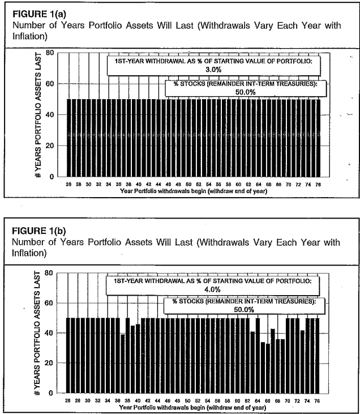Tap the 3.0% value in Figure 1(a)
coord(209,69)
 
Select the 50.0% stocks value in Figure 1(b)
coord(242,309)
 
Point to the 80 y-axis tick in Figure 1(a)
coord(50,53)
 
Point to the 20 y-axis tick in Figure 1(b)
coord(50,362)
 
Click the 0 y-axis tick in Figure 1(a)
coord(52,176)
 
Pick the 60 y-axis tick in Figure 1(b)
coord(50,302)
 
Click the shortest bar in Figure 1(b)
coord(268,368)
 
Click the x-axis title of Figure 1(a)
coord(193,191)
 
